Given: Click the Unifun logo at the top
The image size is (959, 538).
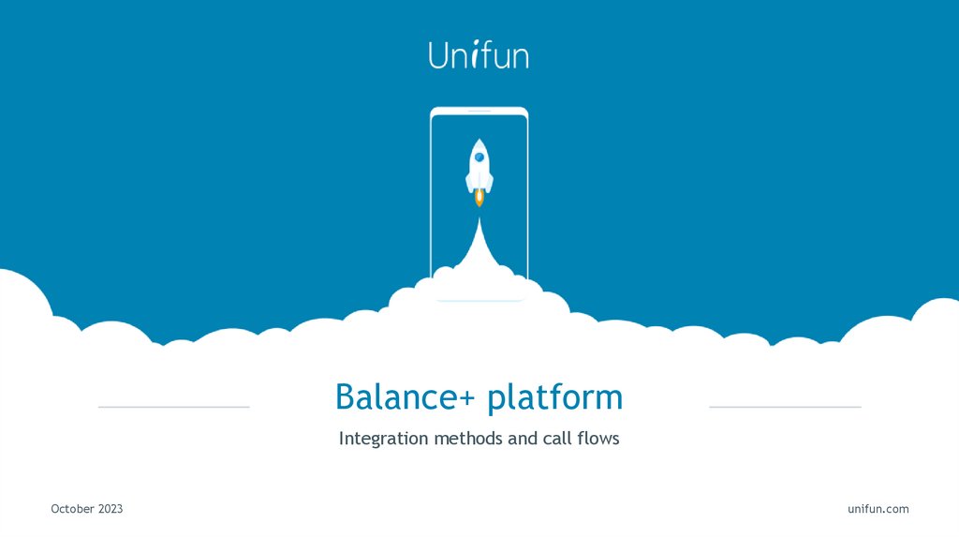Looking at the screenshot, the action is pos(479,54).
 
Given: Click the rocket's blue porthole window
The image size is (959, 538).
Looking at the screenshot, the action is pos(479,157).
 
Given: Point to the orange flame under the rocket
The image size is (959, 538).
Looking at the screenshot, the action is pos(479,197).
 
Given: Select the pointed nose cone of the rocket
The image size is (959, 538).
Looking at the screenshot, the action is pos(479,143).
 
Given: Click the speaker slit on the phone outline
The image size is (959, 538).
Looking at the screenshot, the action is pos(479,112).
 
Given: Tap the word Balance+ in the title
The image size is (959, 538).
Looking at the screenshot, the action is pos(406,396).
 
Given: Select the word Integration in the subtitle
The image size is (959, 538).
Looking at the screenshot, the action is pos(384,439).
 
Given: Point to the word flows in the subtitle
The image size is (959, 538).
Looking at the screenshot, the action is pos(598,438).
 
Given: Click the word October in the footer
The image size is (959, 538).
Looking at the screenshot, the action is pos(72,509).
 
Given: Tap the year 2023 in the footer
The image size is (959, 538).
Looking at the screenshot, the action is pos(110,509).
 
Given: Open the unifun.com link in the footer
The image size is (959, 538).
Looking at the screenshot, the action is pos(878,509).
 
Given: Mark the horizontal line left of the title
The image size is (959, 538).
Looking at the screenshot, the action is pos(173,407).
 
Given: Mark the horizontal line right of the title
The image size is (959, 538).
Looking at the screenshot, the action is pos(785,407).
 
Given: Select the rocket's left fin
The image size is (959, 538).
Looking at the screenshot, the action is pos(468,182).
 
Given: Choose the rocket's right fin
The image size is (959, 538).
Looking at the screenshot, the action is pos(491,182).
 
